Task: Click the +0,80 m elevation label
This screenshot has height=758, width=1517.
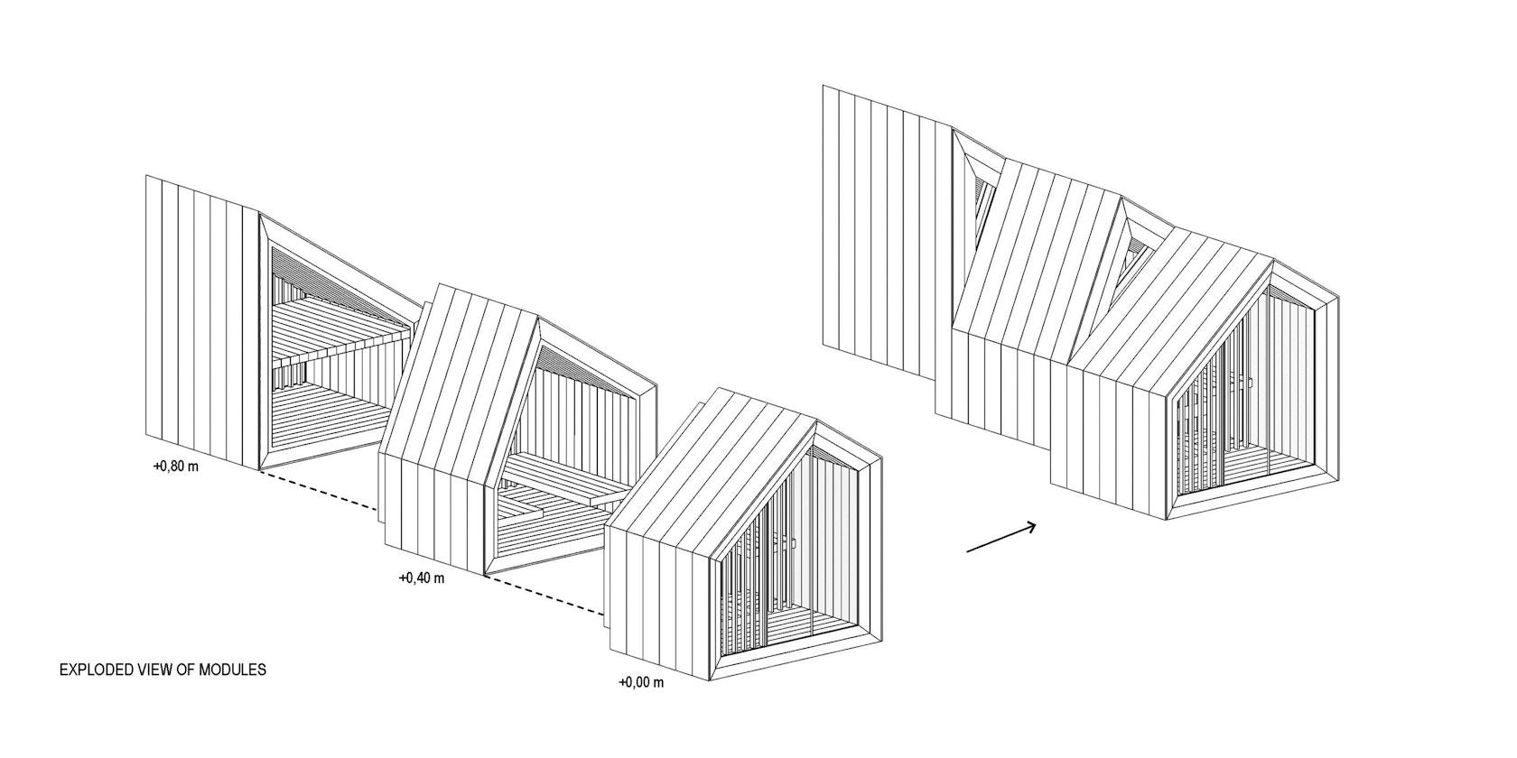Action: [176, 467]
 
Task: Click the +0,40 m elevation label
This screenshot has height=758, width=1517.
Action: [422, 578]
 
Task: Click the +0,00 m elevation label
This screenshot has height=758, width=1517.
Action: [641, 682]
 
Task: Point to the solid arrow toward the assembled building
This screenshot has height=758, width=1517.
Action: [1000, 538]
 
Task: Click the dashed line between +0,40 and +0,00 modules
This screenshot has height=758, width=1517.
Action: [545, 595]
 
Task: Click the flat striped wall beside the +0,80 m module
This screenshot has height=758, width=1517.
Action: [202, 322]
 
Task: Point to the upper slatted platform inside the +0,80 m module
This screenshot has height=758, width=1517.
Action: [342, 332]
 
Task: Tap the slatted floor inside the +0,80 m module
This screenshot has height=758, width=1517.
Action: [325, 413]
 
